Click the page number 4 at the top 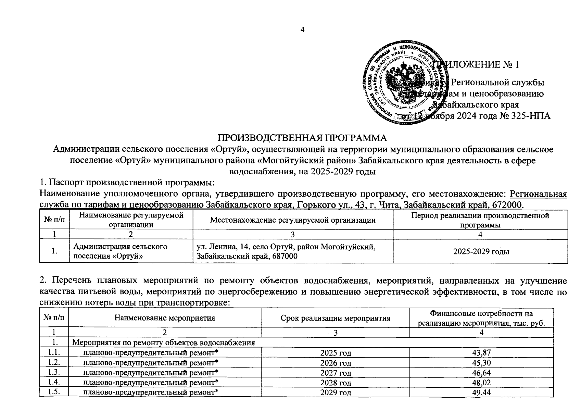[302, 30]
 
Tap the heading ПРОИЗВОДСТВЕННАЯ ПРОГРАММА [302, 138]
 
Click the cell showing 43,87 [481, 353]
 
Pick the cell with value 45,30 [481, 363]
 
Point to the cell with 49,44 [481, 392]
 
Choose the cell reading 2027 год [335, 373]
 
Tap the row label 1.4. [54, 382]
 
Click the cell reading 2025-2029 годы [481, 251]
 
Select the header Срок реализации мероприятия [335, 318]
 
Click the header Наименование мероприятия [164, 318]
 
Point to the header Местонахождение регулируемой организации [292, 220]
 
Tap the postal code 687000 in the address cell [285, 256]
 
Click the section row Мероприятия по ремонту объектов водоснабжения [164, 343]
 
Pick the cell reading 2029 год [335, 392]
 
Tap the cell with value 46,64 [481, 373]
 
